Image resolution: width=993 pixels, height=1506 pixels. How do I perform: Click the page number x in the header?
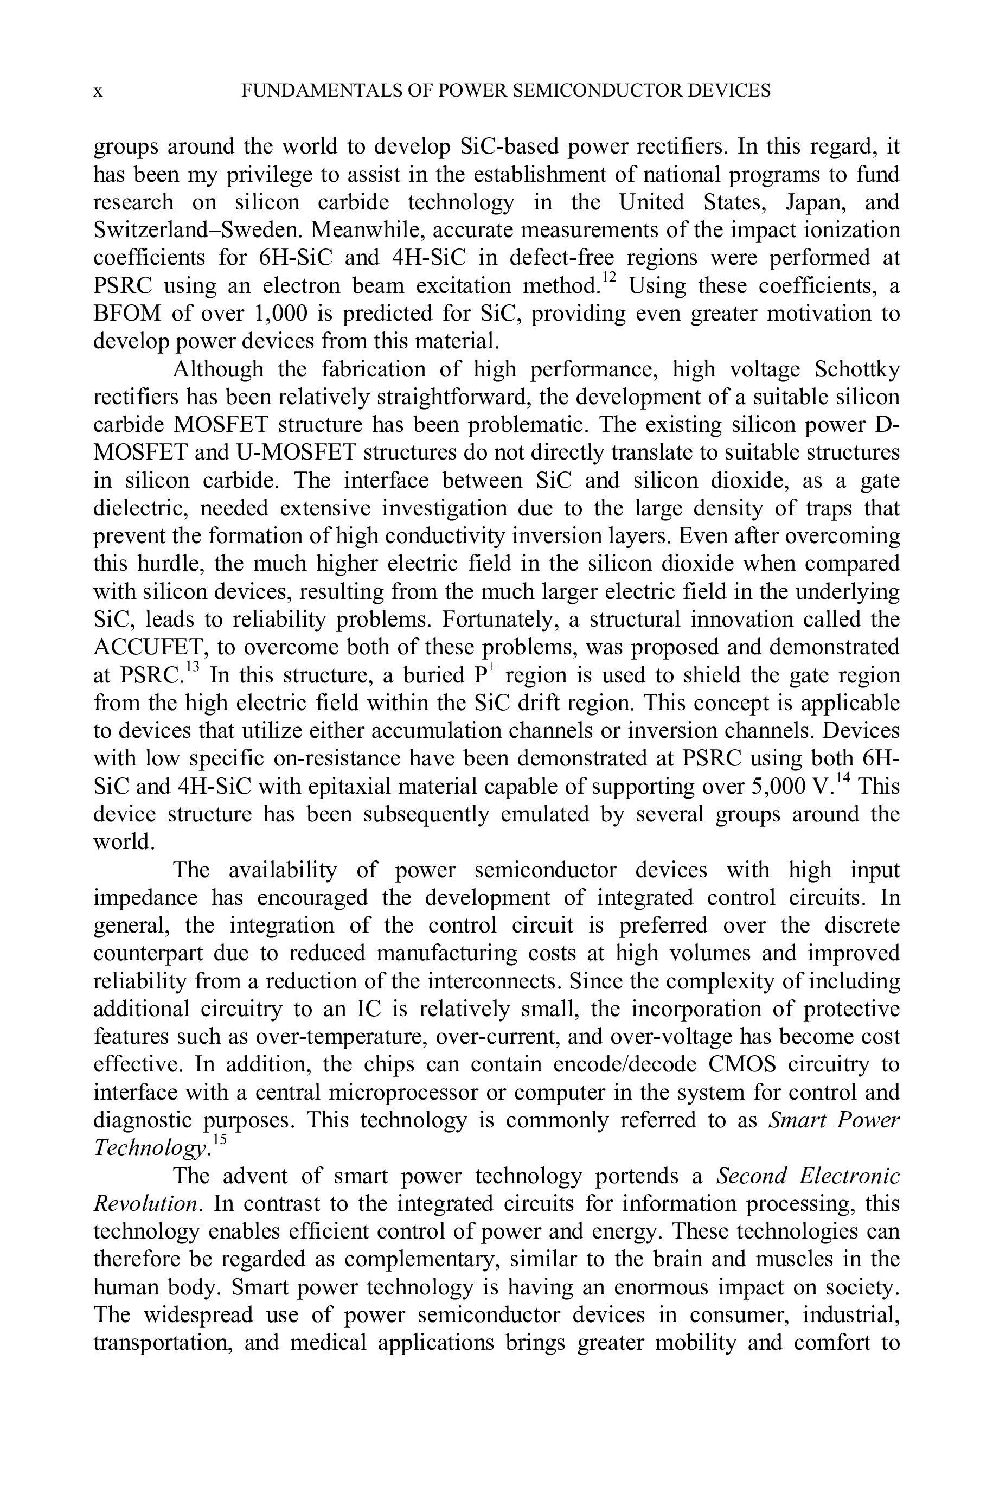(x=98, y=92)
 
